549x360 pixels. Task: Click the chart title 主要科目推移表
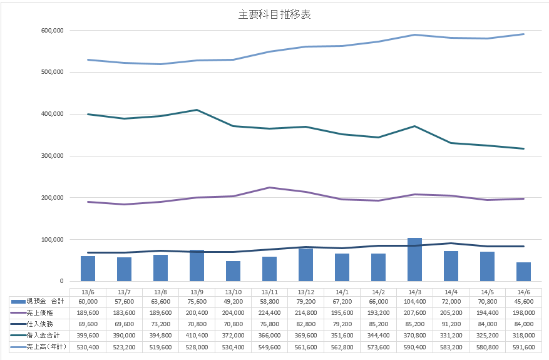274,15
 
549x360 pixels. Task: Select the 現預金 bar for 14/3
414,259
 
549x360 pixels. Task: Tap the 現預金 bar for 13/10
233,270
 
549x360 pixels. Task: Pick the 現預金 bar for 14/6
523,271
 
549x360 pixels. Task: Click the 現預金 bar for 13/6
88,268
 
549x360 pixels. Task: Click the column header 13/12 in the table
305,292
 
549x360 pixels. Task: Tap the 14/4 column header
451,292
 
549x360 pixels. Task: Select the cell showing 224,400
269,312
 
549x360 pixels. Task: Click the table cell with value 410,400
197,335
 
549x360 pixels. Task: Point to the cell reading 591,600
523,346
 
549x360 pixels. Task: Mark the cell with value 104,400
414,301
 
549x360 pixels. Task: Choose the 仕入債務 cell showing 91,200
451,324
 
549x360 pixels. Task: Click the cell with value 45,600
523,301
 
